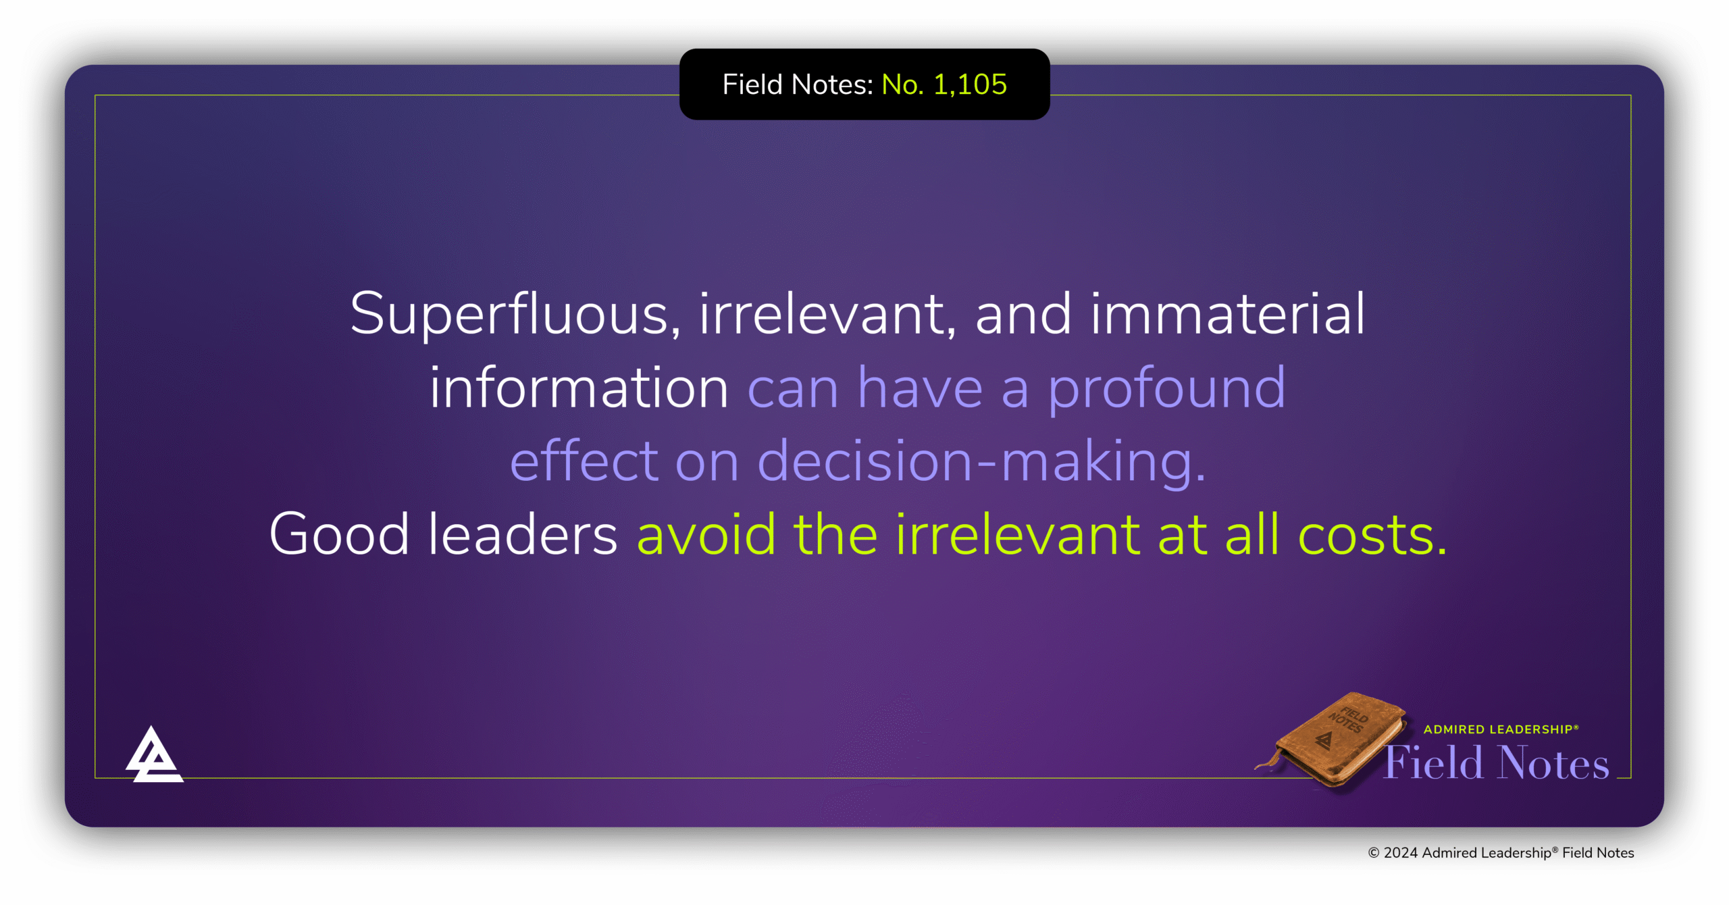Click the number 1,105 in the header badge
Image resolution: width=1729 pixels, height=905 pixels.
[x=970, y=85]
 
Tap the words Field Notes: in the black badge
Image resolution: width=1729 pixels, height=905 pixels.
[x=798, y=85]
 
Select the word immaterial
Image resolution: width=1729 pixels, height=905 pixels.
[x=1227, y=315]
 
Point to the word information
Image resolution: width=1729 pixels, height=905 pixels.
[x=579, y=388]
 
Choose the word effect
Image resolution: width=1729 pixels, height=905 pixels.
[x=584, y=461]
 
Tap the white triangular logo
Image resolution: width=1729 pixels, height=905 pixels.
[x=154, y=756]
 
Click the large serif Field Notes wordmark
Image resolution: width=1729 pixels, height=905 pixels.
[x=1496, y=763]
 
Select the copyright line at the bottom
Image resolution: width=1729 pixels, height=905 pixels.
[x=1501, y=853]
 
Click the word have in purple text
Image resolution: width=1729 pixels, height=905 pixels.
[x=920, y=388]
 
